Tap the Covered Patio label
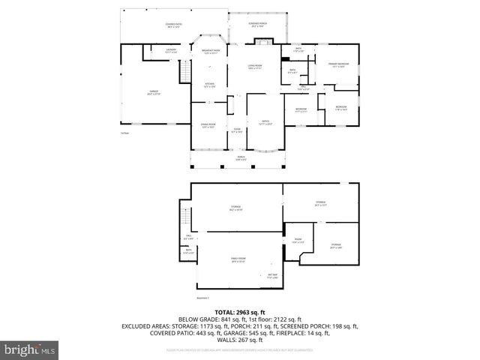[x=174, y=25]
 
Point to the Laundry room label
[x=171, y=51]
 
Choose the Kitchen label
[x=210, y=85]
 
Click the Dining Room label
[x=208, y=125]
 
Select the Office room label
[x=265, y=123]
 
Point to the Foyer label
[x=236, y=130]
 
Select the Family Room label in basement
[x=238, y=259]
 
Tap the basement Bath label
[x=189, y=251]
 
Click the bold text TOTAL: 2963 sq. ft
[x=240, y=311]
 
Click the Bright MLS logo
[x=28, y=349]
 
